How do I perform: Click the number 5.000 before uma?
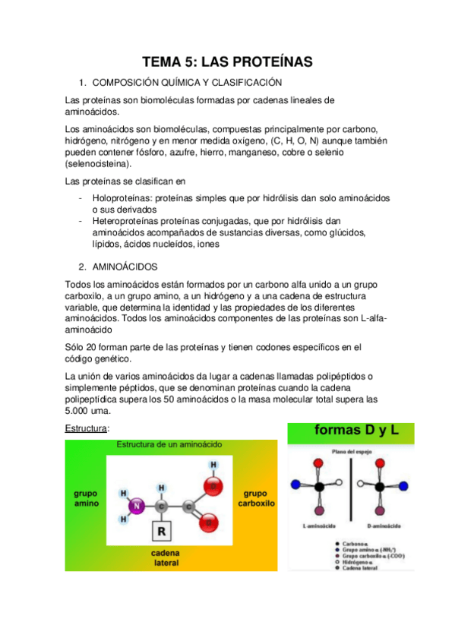(81, 411)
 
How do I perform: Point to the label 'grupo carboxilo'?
(255, 498)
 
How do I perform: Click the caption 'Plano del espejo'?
(350, 452)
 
